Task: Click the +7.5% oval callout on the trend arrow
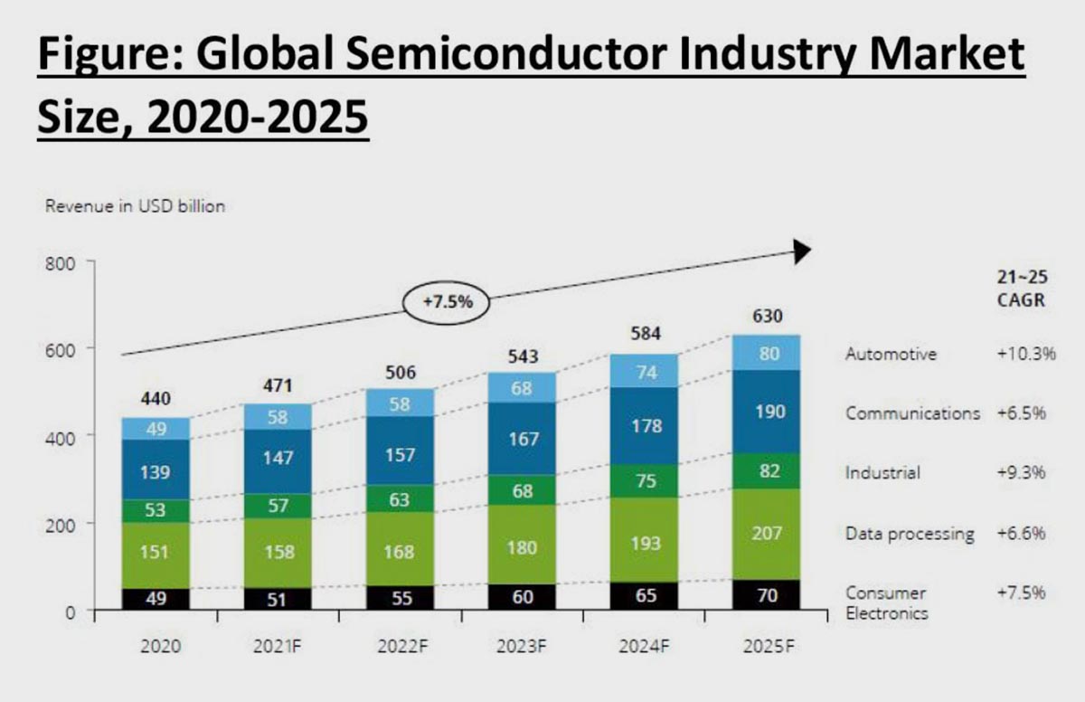445,302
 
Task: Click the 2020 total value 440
156,399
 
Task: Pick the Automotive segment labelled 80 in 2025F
767,353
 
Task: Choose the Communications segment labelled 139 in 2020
156,471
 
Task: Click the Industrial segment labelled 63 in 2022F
401,498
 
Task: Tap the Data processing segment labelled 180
524,547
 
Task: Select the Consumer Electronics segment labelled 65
645,596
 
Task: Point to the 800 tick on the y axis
59,262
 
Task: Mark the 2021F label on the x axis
278,647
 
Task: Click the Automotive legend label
891,355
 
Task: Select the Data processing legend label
910,534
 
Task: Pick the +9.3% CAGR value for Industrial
1022,472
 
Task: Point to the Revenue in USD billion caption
135,206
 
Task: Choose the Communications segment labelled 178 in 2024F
645,425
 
